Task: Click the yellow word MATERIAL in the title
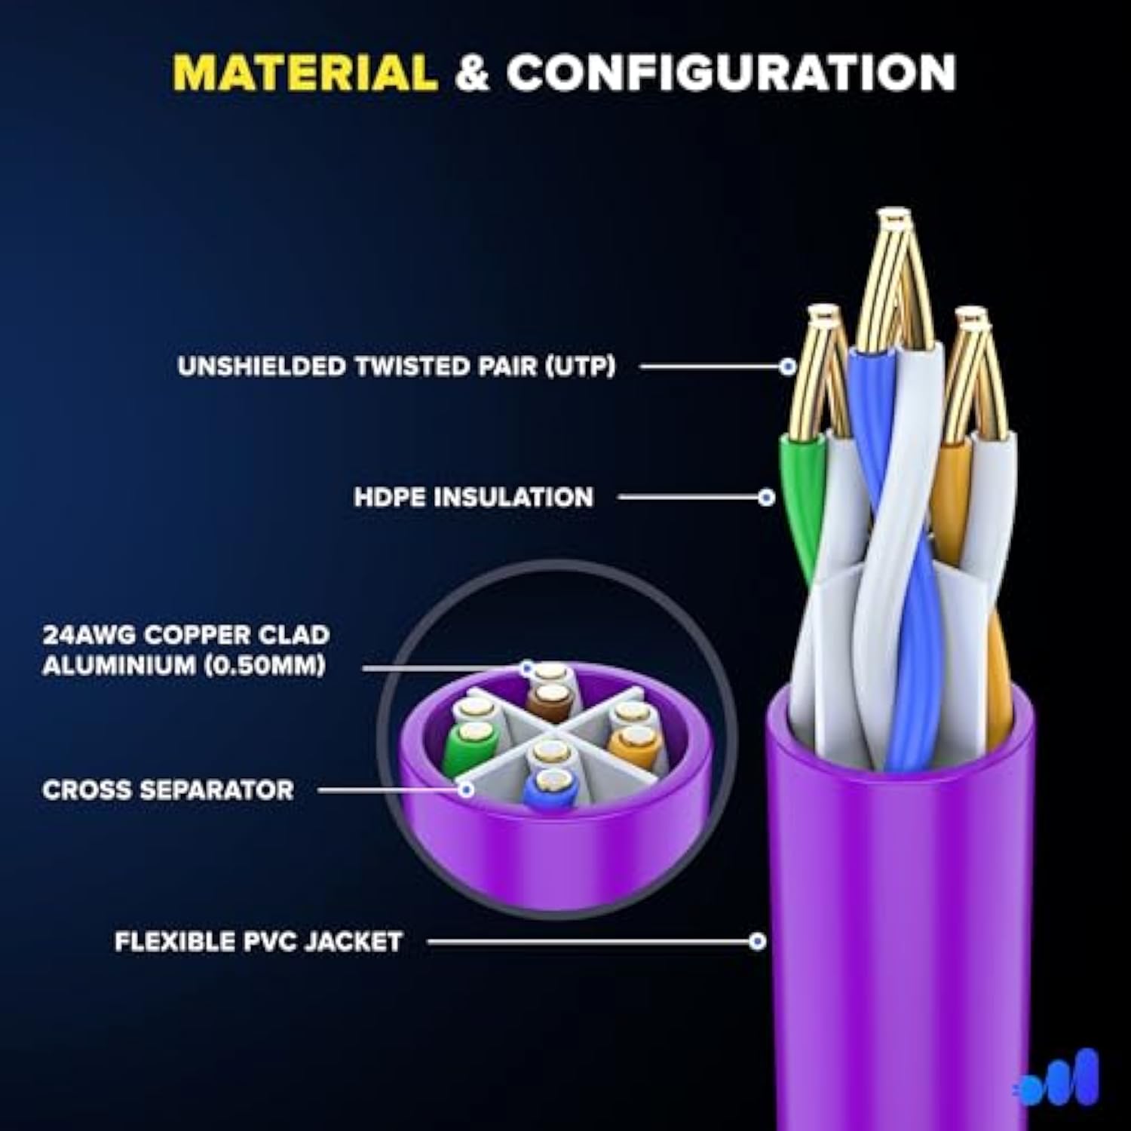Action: tap(305, 73)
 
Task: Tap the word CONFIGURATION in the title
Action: tap(731, 73)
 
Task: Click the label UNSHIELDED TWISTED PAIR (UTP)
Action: tap(397, 366)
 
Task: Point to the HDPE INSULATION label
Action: tap(474, 498)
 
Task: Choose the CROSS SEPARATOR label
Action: tap(167, 790)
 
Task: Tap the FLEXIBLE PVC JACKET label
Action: tap(258, 942)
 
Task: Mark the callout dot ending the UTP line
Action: tap(788, 367)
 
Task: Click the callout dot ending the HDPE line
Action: tap(767, 498)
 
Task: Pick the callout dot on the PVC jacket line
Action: tap(758, 941)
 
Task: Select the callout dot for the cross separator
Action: tap(467, 790)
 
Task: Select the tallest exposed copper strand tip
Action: tap(894, 222)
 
